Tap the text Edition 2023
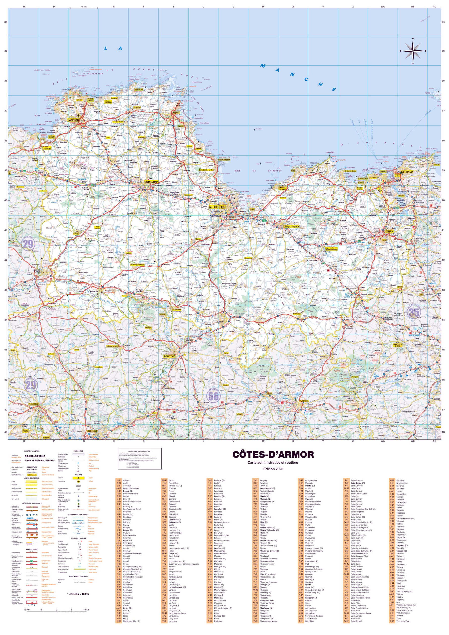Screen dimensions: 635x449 [273, 469]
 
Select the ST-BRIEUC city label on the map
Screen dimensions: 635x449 [217, 207]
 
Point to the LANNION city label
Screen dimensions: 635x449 [73, 120]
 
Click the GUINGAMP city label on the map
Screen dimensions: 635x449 [151, 182]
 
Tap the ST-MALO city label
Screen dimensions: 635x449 [407, 172]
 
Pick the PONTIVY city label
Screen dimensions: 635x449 [169, 357]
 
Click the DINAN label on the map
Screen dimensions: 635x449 [389, 231]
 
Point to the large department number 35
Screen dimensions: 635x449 [414, 313]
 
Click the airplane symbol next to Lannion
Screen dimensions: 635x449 [79, 116]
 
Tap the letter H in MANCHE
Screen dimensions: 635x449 [320, 84]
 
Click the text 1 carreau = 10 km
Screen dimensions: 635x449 [78, 594]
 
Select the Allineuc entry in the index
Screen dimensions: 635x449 [127, 481]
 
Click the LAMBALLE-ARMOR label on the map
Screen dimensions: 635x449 [291, 226]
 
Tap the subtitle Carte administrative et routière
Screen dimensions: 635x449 [273, 463]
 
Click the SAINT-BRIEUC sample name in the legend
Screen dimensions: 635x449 [35, 456]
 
